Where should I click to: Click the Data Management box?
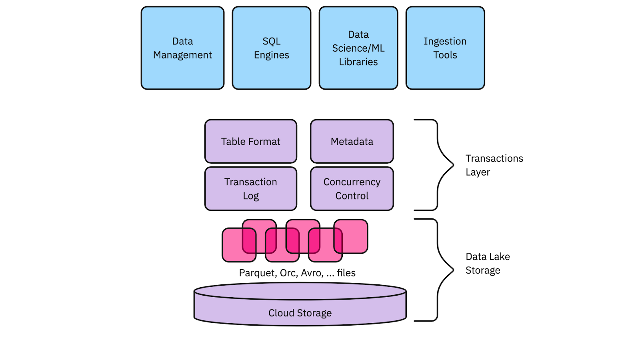coord(182,48)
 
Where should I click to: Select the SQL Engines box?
coord(271,48)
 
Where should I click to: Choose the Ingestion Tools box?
coord(445,48)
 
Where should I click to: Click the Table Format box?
coord(251,141)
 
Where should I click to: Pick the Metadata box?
coord(352,141)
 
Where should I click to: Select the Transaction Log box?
coord(251,189)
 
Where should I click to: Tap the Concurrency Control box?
coord(352,189)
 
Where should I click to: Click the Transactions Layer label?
coord(494,165)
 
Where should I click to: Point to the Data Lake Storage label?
coord(487,263)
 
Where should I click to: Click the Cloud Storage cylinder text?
coord(300,313)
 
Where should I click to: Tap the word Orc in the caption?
coord(288,273)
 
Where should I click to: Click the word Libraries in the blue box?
coord(358,62)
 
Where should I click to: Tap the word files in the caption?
coord(346,273)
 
